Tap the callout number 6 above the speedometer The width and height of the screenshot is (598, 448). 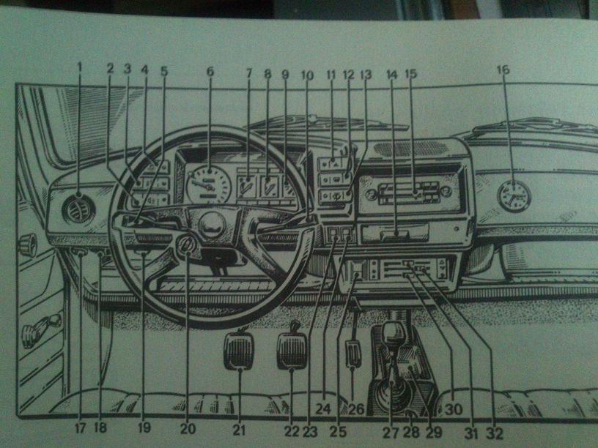210,72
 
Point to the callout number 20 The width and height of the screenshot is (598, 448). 188,429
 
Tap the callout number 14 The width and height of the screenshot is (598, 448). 391,75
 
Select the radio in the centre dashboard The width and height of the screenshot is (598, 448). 410,194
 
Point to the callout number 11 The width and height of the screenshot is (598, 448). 331,75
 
